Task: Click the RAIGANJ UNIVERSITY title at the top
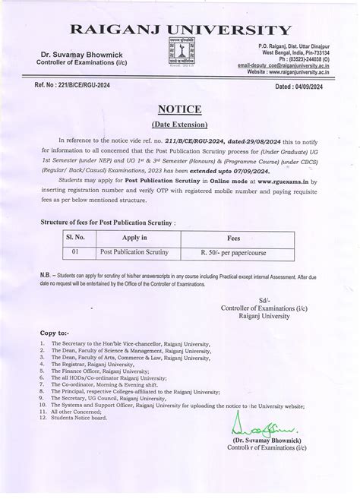point(180,30)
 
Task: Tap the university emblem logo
point(181,55)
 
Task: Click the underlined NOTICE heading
point(180,108)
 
